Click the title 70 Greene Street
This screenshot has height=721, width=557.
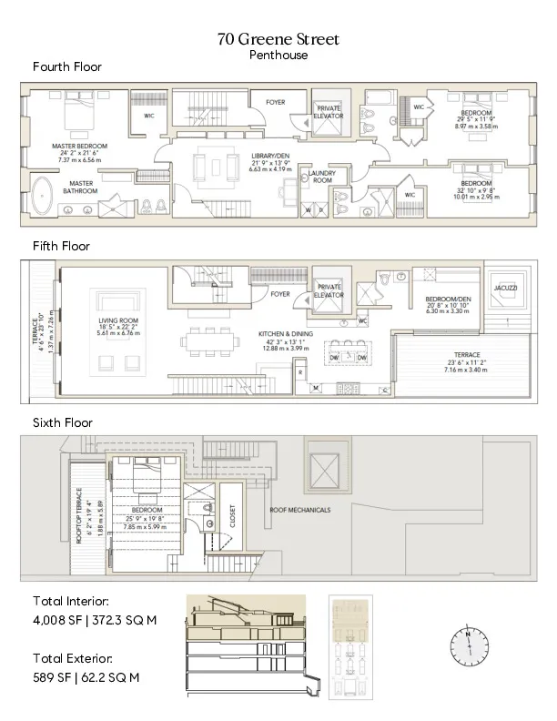(x=278, y=39)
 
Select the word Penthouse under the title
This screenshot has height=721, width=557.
(x=278, y=55)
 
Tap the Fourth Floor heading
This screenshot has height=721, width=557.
(x=67, y=67)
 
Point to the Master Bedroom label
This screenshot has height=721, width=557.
(x=80, y=146)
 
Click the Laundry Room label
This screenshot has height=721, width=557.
(x=321, y=175)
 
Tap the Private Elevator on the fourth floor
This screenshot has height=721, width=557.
(x=328, y=114)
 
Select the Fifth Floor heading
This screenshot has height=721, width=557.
(x=61, y=246)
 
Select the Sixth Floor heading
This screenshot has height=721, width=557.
(x=63, y=422)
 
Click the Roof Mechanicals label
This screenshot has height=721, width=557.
(x=299, y=510)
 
